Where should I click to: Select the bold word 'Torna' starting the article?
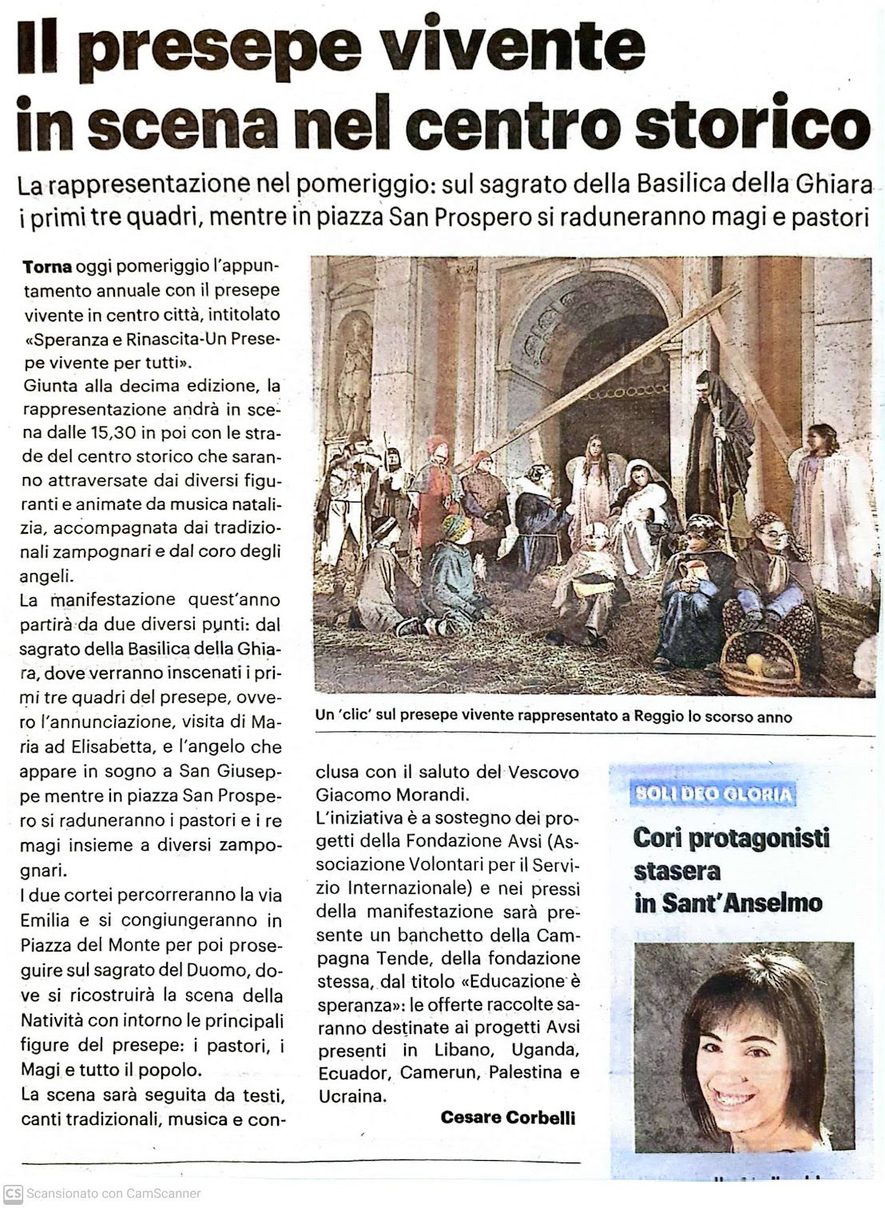(x=47, y=266)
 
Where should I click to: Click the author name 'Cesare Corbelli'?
(x=507, y=1118)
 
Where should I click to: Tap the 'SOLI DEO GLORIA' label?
(x=703, y=794)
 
